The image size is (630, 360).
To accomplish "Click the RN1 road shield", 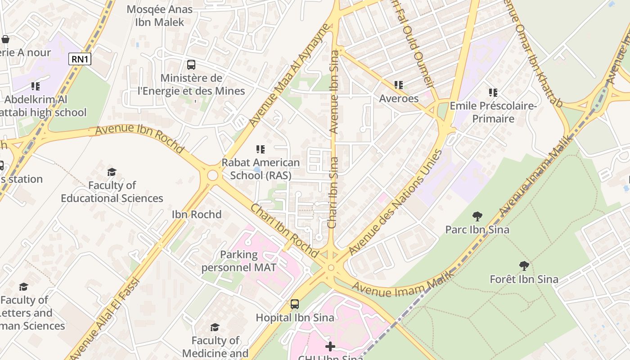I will coord(80,59).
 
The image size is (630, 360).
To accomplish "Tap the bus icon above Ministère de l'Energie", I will coord(191,65).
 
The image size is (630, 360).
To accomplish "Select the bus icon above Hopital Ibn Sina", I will coord(295,304).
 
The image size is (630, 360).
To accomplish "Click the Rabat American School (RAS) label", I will coord(261,169).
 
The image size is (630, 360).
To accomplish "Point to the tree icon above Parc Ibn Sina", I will coord(477,216).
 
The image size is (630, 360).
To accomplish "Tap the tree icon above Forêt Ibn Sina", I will coord(524,265).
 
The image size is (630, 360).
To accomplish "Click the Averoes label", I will coord(399,98).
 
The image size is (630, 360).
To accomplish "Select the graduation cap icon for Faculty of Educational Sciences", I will coord(112,172).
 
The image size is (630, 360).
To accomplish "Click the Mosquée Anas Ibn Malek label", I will coord(160,16).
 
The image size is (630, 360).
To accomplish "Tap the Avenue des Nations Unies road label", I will coord(395,202).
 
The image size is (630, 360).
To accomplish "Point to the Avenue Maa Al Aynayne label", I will coord(288,76).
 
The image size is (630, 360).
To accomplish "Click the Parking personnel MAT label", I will coord(238,261).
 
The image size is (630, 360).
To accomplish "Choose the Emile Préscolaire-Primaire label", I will coord(493,112).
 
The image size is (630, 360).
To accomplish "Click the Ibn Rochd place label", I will coord(197,214).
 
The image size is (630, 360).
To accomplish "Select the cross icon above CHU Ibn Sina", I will coord(330,346).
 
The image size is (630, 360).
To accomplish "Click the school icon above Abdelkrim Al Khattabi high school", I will coord(35,86).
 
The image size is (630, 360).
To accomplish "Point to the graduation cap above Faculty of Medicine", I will coord(215,327).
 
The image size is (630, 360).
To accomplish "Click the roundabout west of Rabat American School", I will coord(212,175).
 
